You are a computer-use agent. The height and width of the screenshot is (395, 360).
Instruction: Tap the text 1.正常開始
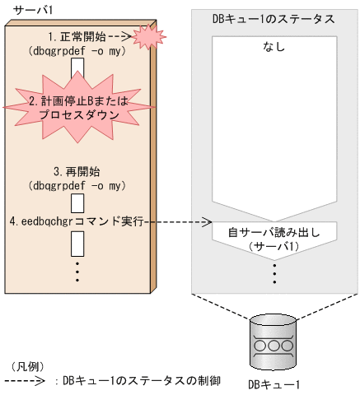coord(76,37)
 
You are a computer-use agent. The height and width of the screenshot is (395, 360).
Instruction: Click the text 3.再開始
coord(77,172)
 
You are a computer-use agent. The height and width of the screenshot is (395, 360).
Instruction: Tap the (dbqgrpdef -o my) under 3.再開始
coord(76,185)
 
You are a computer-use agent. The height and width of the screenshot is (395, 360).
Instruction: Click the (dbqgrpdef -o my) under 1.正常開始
coord(76,50)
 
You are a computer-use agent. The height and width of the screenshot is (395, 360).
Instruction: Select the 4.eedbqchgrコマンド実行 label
coord(77,222)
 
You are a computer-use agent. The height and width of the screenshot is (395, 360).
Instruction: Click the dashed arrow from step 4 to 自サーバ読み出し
coord(178,222)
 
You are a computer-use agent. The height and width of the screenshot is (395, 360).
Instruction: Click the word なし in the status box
coord(275,47)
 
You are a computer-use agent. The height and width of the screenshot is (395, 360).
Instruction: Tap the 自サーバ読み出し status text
coord(274,233)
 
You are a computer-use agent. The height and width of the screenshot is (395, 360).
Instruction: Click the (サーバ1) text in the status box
coord(274,246)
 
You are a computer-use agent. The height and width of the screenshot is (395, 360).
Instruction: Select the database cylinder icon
coord(274,341)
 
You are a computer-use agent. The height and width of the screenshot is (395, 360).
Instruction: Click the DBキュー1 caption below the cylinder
coord(274,383)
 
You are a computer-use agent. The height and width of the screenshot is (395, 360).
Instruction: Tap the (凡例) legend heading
coord(26,365)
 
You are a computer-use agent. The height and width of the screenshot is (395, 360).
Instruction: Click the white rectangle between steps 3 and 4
coord(77,202)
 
